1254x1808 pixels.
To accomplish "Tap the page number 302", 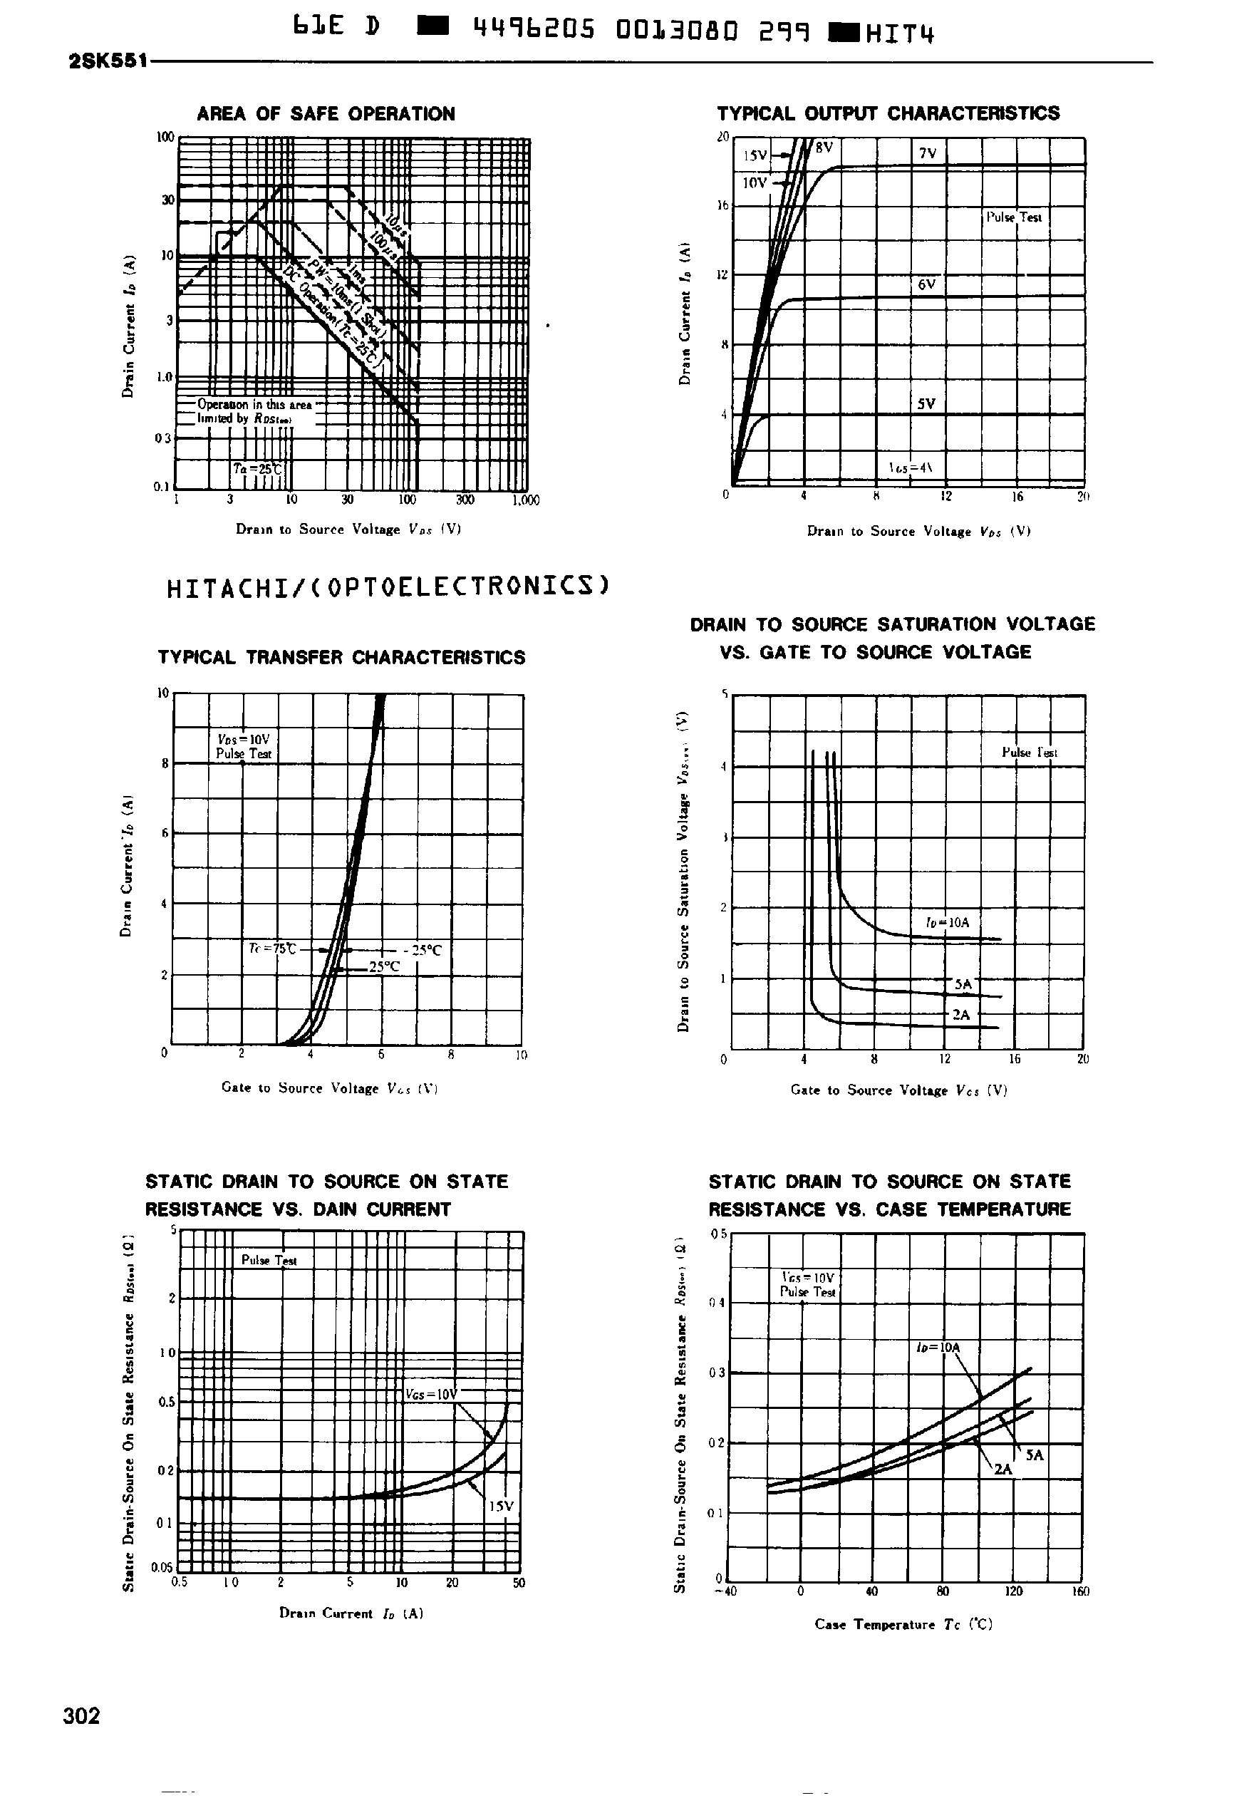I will pyautogui.click(x=82, y=1715).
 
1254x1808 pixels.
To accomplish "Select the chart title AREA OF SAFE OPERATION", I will pyautogui.click(x=326, y=114).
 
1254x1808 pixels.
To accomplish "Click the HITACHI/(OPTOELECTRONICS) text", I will pyautogui.click(x=388, y=587).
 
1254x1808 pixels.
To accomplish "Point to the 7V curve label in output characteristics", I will pyautogui.click(x=927, y=153).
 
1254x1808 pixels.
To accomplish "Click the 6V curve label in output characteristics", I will pyautogui.click(x=926, y=284).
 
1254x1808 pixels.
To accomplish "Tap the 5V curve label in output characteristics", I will pyautogui.click(x=926, y=404).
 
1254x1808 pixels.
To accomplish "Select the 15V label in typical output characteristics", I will pyautogui.click(x=755, y=155).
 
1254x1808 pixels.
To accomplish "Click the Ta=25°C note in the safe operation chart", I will pyautogui.click(x=257, y=469).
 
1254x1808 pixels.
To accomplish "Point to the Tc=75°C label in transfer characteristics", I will pyautogui.click(x=272, y=949).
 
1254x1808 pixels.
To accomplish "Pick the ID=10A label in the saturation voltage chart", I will pyautogui.click(x=948, y=922).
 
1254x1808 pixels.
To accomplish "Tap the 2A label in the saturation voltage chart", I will pyautogui.click(x=961, y=1014).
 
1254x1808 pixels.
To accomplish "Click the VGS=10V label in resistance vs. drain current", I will pyautogui.click(x=430, y=1395).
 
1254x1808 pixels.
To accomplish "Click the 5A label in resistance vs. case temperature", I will pyautogui.click(x=1035, y=1455).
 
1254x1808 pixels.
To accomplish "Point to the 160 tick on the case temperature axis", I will pyautogui.click(x=1080, y=1591).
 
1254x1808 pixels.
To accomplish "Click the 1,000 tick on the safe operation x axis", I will pyautogui.click(x=526, y=500).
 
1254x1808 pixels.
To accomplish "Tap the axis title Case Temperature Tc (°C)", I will pyautogui.click(x=903, y=1624).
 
